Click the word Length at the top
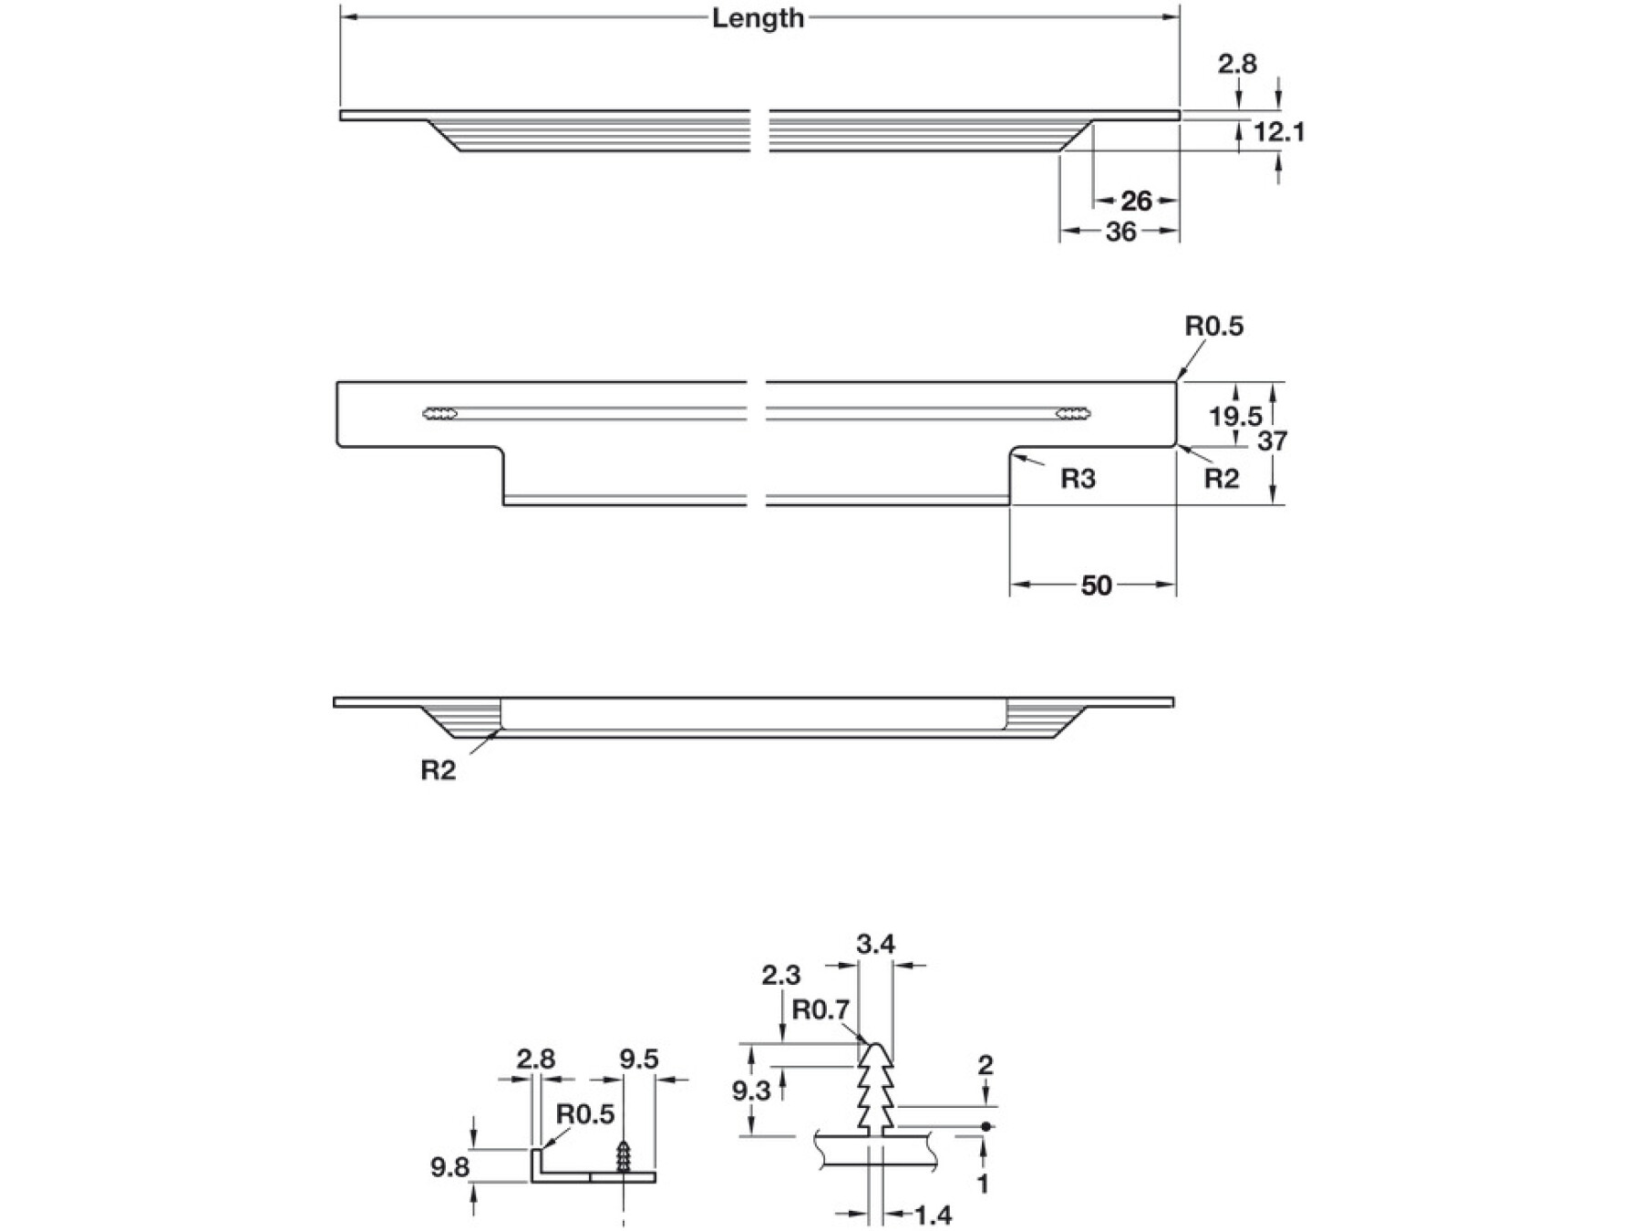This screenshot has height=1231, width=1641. click(758, 18)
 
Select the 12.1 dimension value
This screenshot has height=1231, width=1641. click(1279, 132)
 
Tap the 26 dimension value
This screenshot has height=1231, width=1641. click(1136, 201)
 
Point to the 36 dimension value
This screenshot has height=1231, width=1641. click(1120, 233)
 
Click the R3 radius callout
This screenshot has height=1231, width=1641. click(1078, 479)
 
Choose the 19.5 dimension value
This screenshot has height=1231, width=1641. click(1235, 417)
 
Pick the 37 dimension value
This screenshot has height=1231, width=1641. click(1272, 441)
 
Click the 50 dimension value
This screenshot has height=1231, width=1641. click(1096, 585)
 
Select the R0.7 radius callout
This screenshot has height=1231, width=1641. click(820, 1010)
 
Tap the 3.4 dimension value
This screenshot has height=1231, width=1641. click(875, 945)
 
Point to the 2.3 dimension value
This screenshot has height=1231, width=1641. click(781, 976)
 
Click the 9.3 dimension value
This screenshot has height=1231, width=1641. click(751, 1091)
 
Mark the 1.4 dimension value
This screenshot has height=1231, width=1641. click(933, 1215)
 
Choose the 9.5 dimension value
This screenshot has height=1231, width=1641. click(638, 1060)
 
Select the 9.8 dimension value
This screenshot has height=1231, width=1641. click(449, 1167)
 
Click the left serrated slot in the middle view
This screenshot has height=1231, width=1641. click(440, 414)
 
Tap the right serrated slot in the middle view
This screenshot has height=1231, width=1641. click(1073, 414)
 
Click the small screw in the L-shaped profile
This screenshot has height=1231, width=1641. click(624, 1158)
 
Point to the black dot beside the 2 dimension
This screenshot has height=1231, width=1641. click(986, 1127)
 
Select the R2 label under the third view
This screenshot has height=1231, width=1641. click(438, 771)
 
